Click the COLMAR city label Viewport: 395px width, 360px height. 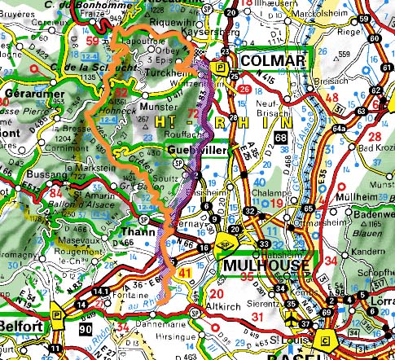pyautogui.click(x=275, y=63)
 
